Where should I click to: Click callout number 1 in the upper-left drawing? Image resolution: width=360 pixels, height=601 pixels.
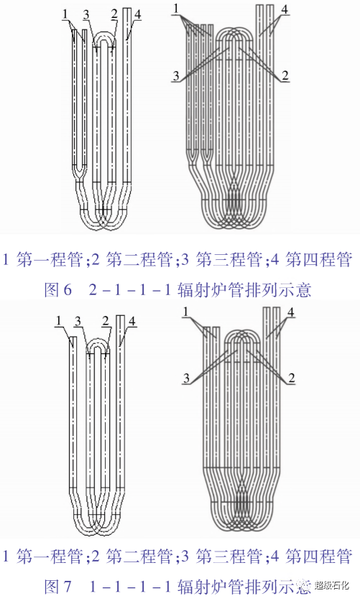(x=65, y=14)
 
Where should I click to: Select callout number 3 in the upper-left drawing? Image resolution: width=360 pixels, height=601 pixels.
(x=86, y=14)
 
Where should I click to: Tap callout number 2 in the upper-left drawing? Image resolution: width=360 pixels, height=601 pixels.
(x=114, y=14)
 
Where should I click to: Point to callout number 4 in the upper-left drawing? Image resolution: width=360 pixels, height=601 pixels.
(x=138, y=14)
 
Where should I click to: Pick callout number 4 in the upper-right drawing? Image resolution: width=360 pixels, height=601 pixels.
(x=284, y=9)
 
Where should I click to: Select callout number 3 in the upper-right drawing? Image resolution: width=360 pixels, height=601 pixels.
(x=176, y=75)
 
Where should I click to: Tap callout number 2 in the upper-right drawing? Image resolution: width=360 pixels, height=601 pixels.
(x=285, y=75)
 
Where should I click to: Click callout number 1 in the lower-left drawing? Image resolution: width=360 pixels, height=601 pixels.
(x=59, y=320)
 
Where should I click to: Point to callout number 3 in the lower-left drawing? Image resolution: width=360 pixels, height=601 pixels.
(x=78, y=321)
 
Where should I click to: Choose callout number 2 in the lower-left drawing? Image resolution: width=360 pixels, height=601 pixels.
(x=106, y=321)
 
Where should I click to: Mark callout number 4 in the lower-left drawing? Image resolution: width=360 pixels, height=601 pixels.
(x=132, y=321)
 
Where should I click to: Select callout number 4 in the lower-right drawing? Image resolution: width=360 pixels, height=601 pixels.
(x=290, y=312)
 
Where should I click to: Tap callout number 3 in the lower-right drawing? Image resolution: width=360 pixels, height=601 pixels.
(x=186, y=378)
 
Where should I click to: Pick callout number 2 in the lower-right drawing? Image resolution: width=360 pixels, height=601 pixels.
(x=291, y=378)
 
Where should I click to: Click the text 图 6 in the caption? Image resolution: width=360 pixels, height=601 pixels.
(x=58, y=290)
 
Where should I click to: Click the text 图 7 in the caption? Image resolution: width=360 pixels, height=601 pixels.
(x=58, y=586)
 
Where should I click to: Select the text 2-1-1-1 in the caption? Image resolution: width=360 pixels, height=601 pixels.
(x=129, y=290)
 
